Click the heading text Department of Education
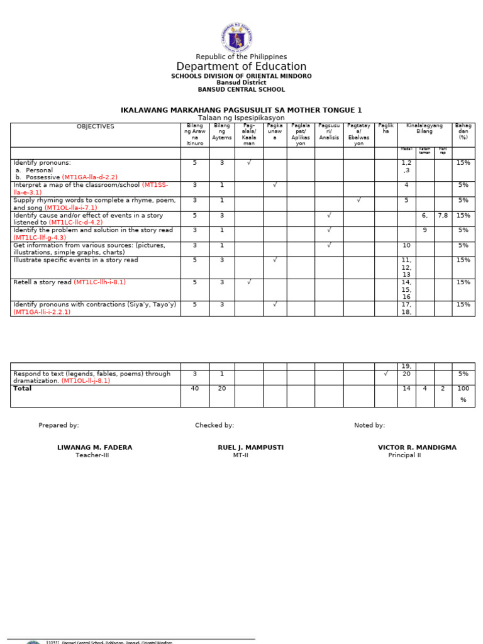[x=241, y=67]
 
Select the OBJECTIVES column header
[x=96, y=126]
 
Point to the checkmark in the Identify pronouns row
[x=248, y=163]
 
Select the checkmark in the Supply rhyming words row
[x=358, y=201]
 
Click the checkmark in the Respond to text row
[x=386, y=374]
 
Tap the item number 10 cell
[x=406, y=245]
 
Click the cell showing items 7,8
[x=443, y=216]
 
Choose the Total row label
[x=23, y=389]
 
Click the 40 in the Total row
[x=194, y=389]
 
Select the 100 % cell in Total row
[x=464, y=394]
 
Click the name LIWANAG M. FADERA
[x=94, y=448]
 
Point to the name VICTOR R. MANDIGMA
[x=417, y=448]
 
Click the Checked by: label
[x=214, y=426]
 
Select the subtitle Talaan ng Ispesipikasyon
[x=241, y=118]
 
